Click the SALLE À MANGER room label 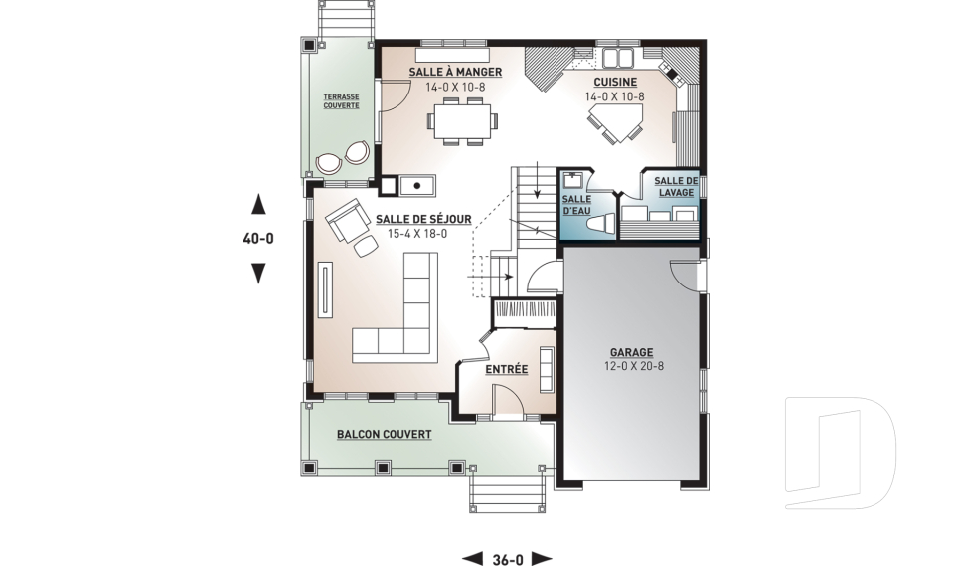[x=455, y=72]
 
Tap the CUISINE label [x=615, y=82]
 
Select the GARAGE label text [x=632, y=352]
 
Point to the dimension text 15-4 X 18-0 [x=417, y=234]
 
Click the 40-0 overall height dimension [x=258, y=238]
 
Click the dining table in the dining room [x=462, y=121]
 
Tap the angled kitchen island [x=616, y=122]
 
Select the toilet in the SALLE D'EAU [x=602, y=224]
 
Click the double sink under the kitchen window [x=617, y=58]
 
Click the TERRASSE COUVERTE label [x=341, y=101]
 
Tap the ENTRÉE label [x=506, y=370]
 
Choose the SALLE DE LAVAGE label [x=676, y=186]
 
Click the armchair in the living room [x=348, y=221]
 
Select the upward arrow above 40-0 [x=258, y=204]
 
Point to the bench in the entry [x=547, y=369]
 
